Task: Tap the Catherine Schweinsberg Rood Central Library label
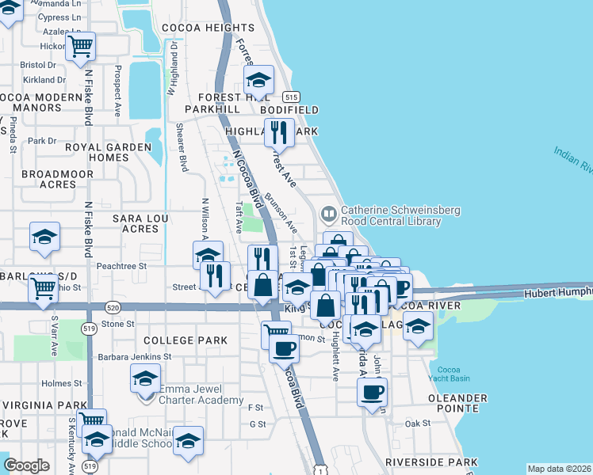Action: click(391, 216)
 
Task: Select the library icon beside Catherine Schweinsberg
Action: click(328, 214)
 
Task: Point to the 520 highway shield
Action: click(112, 306)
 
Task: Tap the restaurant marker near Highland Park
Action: click(277, 132)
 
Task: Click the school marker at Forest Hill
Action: click(258, 80)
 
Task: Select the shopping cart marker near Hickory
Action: click(79, 47)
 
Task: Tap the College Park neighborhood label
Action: click(186, 340)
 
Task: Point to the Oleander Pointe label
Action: click(457, 403)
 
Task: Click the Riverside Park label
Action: click(431, 462)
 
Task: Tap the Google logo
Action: click(26, 465)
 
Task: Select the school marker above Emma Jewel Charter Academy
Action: click(144, 380)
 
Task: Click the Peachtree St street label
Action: click(122, 267)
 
